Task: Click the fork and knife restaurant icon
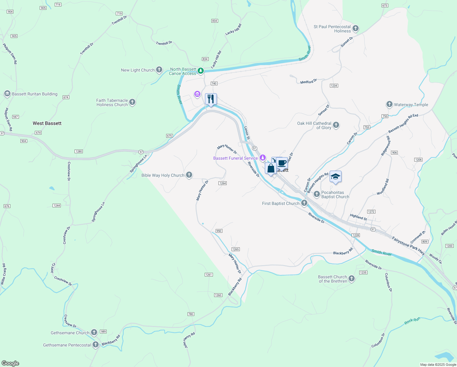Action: tap(211, 99)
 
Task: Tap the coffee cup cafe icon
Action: tap(282, 163)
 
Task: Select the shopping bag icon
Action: tap(271, 169)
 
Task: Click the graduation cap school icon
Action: tap(335, 177)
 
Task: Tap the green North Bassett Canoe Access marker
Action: tap(200, 71)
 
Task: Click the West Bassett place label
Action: tap(47, 123)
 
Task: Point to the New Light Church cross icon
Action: tap(159, 70)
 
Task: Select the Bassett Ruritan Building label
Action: tap(35, 94)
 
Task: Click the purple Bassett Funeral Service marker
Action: tap(262, 158)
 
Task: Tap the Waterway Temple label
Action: tap(411, 105)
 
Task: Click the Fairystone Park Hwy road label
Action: tap(408, 246)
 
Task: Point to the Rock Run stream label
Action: tap(412, 321)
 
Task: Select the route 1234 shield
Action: tap(334, 86)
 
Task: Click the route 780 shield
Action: tap(191, 314)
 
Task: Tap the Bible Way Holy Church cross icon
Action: tap(189, 175)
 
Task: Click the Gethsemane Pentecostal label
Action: tap(67, 345)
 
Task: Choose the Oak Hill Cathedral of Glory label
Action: tap(314, 125)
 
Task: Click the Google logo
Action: tap(10, 363)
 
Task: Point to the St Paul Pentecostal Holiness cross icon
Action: tap(355, 28)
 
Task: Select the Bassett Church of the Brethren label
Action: tap(333, 279)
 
